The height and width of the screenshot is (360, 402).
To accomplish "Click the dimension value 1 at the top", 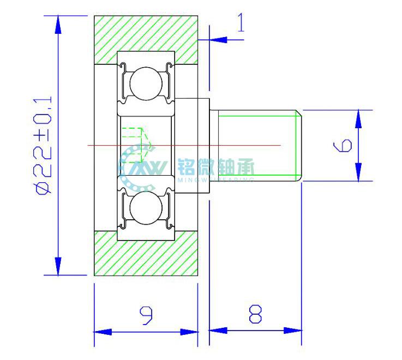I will (240, 23).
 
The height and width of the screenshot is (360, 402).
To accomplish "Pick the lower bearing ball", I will (146, 208).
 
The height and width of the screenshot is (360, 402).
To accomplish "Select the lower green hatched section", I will (146, 253).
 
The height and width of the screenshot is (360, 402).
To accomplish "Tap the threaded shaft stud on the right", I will (256, 145).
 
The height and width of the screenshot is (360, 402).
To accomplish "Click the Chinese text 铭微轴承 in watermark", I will (216, 166).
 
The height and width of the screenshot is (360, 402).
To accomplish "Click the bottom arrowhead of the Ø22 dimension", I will (58, 268).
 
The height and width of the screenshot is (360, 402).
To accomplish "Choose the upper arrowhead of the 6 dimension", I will (358, 117).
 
